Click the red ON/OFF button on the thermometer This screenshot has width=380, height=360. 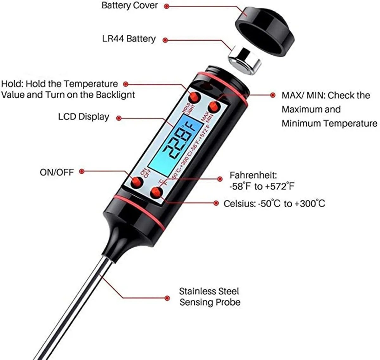click(137, 182)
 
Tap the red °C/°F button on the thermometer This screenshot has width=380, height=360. click(157, 193)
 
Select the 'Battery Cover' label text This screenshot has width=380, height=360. click(130, 5)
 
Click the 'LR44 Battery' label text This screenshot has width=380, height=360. click(129, 39)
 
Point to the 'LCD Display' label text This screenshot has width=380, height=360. click(84, 117)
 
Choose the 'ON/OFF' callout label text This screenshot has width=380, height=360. click(57, 172)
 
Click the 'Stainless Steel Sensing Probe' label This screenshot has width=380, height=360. click(210, 297)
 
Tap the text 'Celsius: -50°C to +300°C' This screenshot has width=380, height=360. click(274, 203)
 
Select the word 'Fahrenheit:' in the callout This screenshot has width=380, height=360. click(253, 175)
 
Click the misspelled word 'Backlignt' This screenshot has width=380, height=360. click(115, 95)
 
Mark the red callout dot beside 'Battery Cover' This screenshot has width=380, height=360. click(167, 6)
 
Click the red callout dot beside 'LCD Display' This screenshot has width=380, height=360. click(119, 118)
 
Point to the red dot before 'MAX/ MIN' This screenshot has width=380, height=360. click(273, 95)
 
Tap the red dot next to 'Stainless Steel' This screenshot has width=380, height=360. click(167, 298)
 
